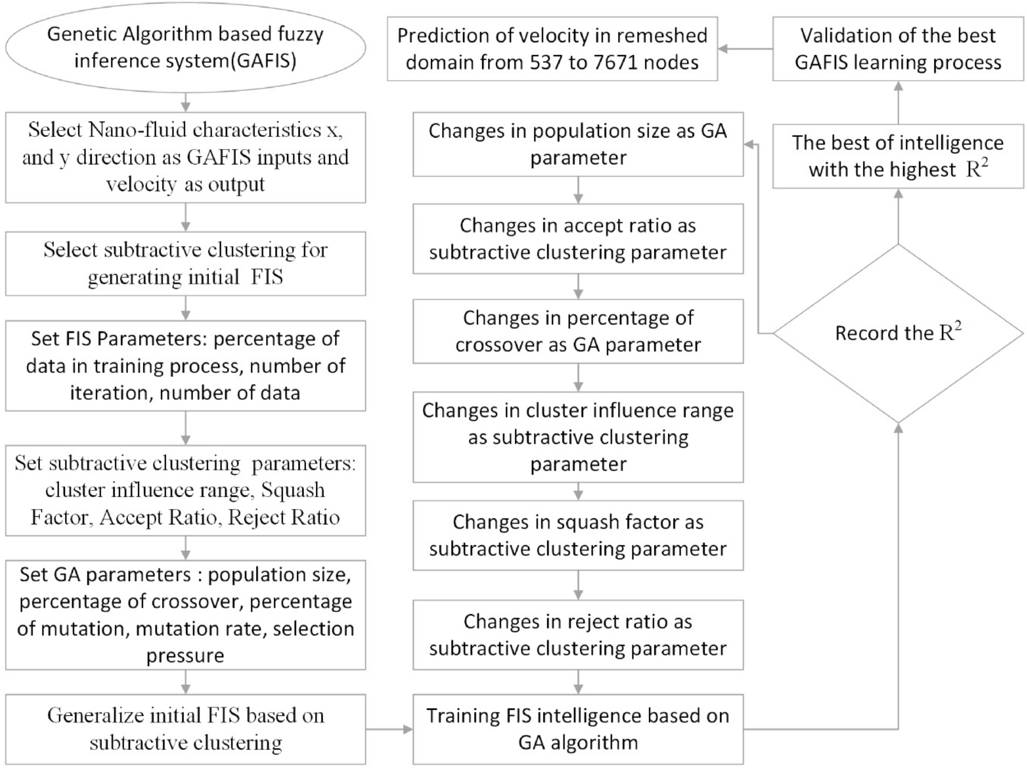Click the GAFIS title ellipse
(185, 47)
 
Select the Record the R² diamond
(898, 333)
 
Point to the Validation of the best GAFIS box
(898, 49)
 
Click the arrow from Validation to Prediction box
(745, 49)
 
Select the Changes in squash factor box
(578, 535)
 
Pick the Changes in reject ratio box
(578, 635)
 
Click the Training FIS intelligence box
(578, 729)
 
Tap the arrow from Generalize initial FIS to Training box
(389, 729)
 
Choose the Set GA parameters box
(185, 615)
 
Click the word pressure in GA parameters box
(185, 656)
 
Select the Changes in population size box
(578, 144)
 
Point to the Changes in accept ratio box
(578, 239)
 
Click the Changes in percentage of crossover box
(578, 331)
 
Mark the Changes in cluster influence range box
(578, 437)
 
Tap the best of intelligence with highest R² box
(898, 156)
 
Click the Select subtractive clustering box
(185, 264)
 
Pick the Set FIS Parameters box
(185, 366)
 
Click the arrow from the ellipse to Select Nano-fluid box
(186, 103)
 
